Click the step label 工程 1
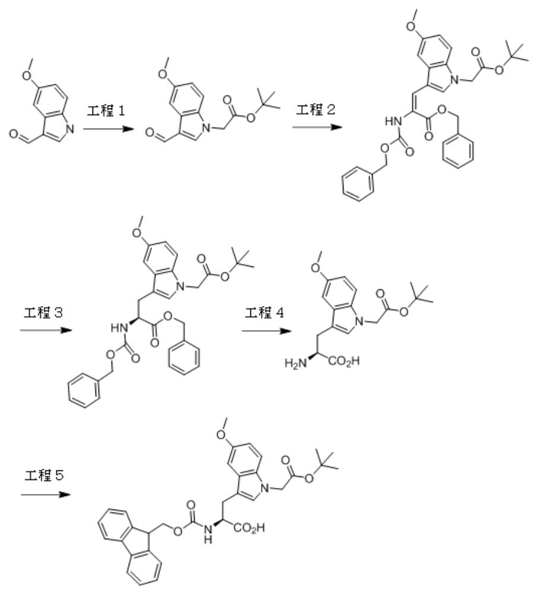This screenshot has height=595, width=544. (106, 111)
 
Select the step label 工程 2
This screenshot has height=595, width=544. (316, 110)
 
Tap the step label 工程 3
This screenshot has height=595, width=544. (43, 313)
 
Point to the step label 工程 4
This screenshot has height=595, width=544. (264, 313)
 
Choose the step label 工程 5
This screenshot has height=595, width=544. (44, 475)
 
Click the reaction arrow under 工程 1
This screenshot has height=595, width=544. (109, 129)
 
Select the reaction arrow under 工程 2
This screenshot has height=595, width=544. (317, 127)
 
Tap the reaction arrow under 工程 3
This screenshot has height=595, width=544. (46, 330)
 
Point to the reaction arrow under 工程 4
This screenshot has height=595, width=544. (267, 331)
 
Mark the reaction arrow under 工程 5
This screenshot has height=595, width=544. (46, 494)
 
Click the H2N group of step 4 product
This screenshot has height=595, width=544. (295, 364)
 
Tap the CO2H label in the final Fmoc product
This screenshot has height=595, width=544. (249, 527)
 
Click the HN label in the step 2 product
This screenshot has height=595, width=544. (393, 122)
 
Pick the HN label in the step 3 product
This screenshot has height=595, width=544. (119, 327)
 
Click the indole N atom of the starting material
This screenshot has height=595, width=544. (70, 129)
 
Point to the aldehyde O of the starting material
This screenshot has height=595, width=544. (14, 134)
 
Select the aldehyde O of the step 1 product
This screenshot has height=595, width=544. (150, 133)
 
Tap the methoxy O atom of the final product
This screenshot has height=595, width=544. (221, 434)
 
